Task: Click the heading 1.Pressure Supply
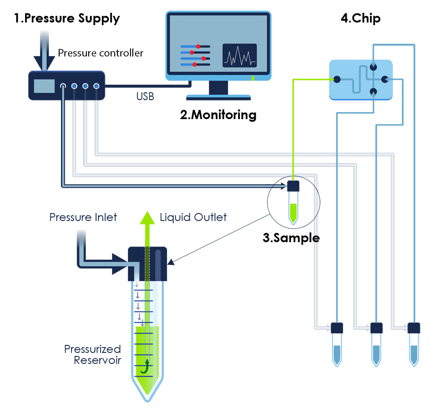click(x=67, y=19)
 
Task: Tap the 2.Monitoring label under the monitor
click(x=218, y=115)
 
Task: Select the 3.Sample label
click(x=291, y=238)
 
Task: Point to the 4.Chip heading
click(x=361, y=18)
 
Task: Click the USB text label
click(x=145, y=97)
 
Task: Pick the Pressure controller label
click(x=101, y=53)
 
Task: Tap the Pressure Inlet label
click(x=83, y=217)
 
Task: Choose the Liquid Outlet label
click(x=193, y=217)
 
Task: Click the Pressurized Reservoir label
click(x=93, y=355)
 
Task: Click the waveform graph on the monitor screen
click(x=239, y=56)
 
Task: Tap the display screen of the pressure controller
click(x=44, y=86)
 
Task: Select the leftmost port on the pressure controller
click(x=63, y=86)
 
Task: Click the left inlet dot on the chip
click(x=337, y=80)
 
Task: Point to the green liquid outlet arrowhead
click(x=147, y=218)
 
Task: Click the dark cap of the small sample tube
click(x=293, y=186)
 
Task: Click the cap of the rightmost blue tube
click(x=414, y=328)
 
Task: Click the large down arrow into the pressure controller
click(x=44, y=51)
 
